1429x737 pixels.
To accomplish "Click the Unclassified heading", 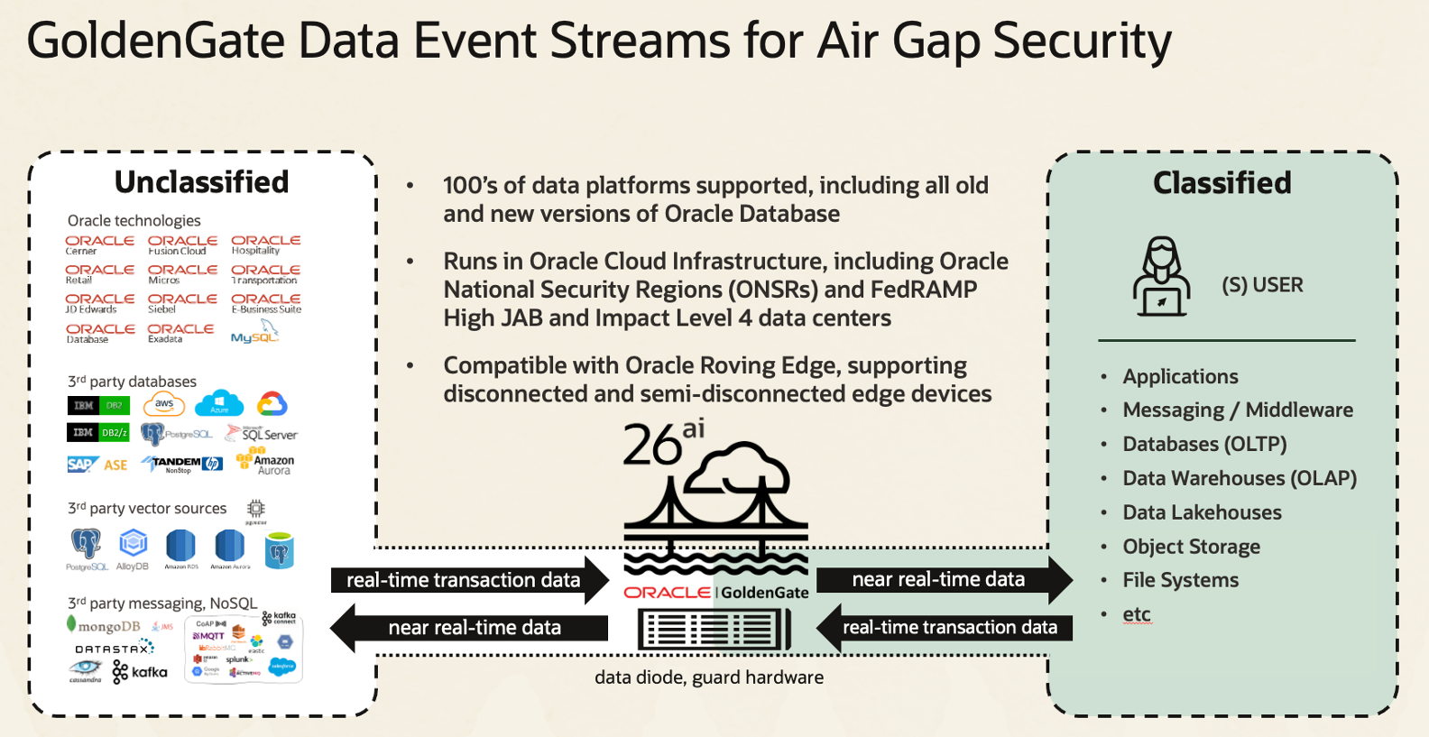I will point(201,182).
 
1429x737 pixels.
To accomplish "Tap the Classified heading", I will point(1222,183).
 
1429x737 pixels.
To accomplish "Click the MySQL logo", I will point(255,334).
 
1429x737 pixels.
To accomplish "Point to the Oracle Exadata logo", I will point(180,333).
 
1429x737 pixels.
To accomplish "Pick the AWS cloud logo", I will point(164,404).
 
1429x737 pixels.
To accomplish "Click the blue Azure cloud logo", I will point(219,404).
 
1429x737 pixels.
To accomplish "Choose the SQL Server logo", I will point(263,434).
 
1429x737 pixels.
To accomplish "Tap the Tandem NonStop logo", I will point(182,464).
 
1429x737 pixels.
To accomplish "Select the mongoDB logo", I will point(104,626).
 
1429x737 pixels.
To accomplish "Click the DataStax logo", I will point(115,649).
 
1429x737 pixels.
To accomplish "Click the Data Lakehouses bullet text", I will point(1202,512).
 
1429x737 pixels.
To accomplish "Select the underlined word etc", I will point(1136,614).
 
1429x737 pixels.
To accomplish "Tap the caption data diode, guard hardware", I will point(708,677).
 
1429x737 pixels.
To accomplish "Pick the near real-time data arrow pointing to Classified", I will point(943,579).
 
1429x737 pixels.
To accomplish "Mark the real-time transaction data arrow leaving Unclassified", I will point(469,580).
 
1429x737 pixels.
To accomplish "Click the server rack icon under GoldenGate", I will point(714,629).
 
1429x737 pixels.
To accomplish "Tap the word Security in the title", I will point(1082,41).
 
